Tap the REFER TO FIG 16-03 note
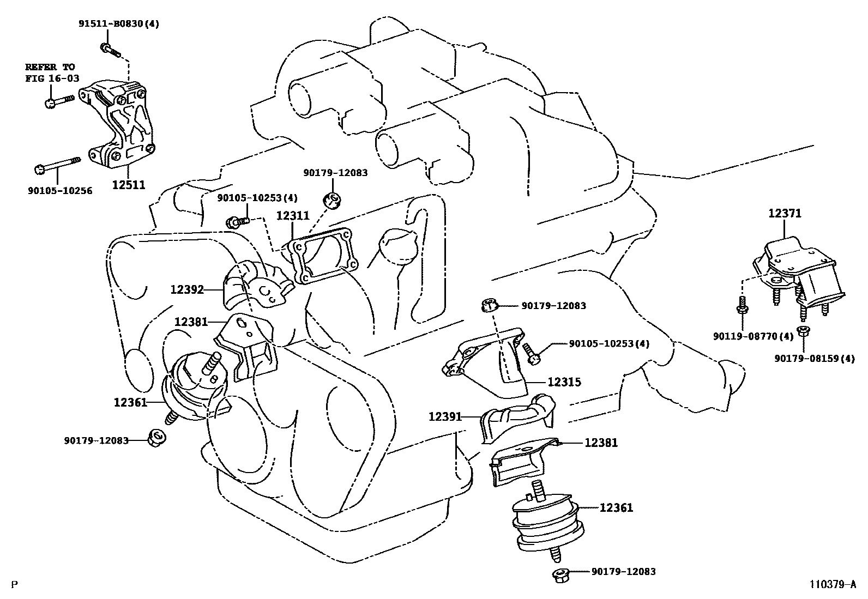[x=52, y=72]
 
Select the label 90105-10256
[x=60, y=191]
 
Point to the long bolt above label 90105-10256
[x=57, y=165]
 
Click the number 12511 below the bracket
[x=129, y=185]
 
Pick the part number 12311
[x=292, y=215]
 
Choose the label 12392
[x=186, y=289]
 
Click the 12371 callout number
[x=785, y=213]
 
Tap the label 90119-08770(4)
[x=753, y=336]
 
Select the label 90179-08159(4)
[x=816, y=358]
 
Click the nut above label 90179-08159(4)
[x=802, y=331]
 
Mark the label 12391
[x=445, y=417]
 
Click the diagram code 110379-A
[x=833, y=585]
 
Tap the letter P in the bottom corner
[x=14, y=585]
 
